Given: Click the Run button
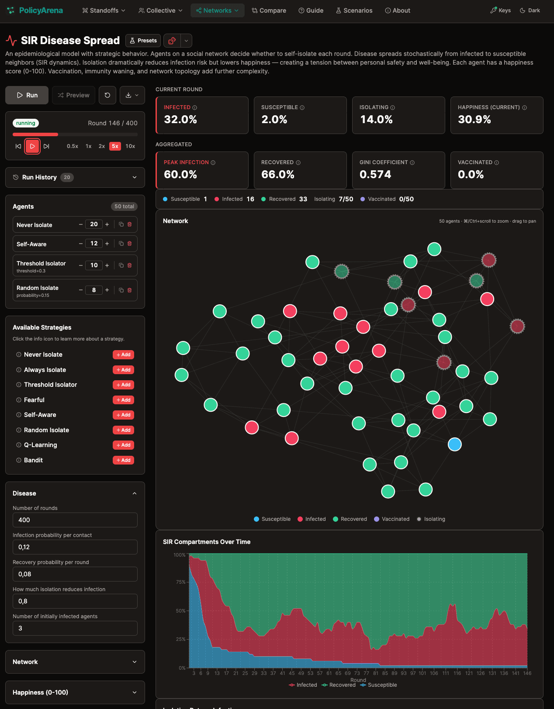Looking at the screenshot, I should [27, 95].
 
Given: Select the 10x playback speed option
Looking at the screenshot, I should [130, 146].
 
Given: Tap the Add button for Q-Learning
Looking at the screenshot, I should [123, 445].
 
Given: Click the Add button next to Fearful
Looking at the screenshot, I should [123, 400].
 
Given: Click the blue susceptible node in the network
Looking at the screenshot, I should [455, 444].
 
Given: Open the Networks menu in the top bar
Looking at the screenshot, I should [217, 10].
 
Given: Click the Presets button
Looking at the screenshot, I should [143, 41].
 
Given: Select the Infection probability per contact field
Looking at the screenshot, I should [75, 547].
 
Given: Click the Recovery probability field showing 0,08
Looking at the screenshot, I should [75, 574].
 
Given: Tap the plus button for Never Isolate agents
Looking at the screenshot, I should [107, 224].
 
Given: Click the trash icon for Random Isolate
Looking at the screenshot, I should [129, 290].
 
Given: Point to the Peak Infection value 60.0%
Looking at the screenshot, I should [180, 175].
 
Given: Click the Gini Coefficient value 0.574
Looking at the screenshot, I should [375, 175].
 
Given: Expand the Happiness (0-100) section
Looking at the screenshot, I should [75, 692].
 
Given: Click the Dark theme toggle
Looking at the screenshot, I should [530, 10].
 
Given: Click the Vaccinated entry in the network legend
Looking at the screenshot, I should [392, 519].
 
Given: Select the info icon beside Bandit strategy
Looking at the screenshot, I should [19, 460].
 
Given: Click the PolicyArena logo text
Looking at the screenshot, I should [41, 10].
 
